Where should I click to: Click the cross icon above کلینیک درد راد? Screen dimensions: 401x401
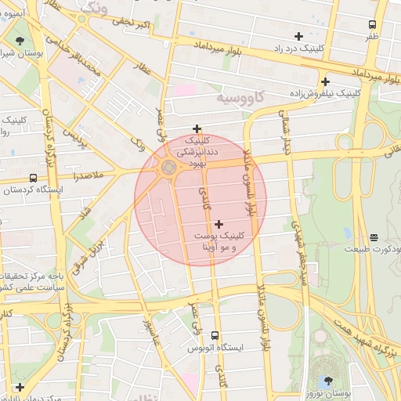(298, 36)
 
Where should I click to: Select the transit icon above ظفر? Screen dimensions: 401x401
(371, 24)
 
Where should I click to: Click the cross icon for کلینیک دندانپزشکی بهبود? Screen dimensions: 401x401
(197, 128)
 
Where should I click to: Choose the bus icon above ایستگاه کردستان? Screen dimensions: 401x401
(33, 179)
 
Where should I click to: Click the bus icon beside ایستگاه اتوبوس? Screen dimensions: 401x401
(193, 346)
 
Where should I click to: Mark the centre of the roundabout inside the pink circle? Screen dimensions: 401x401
(168, 168)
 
